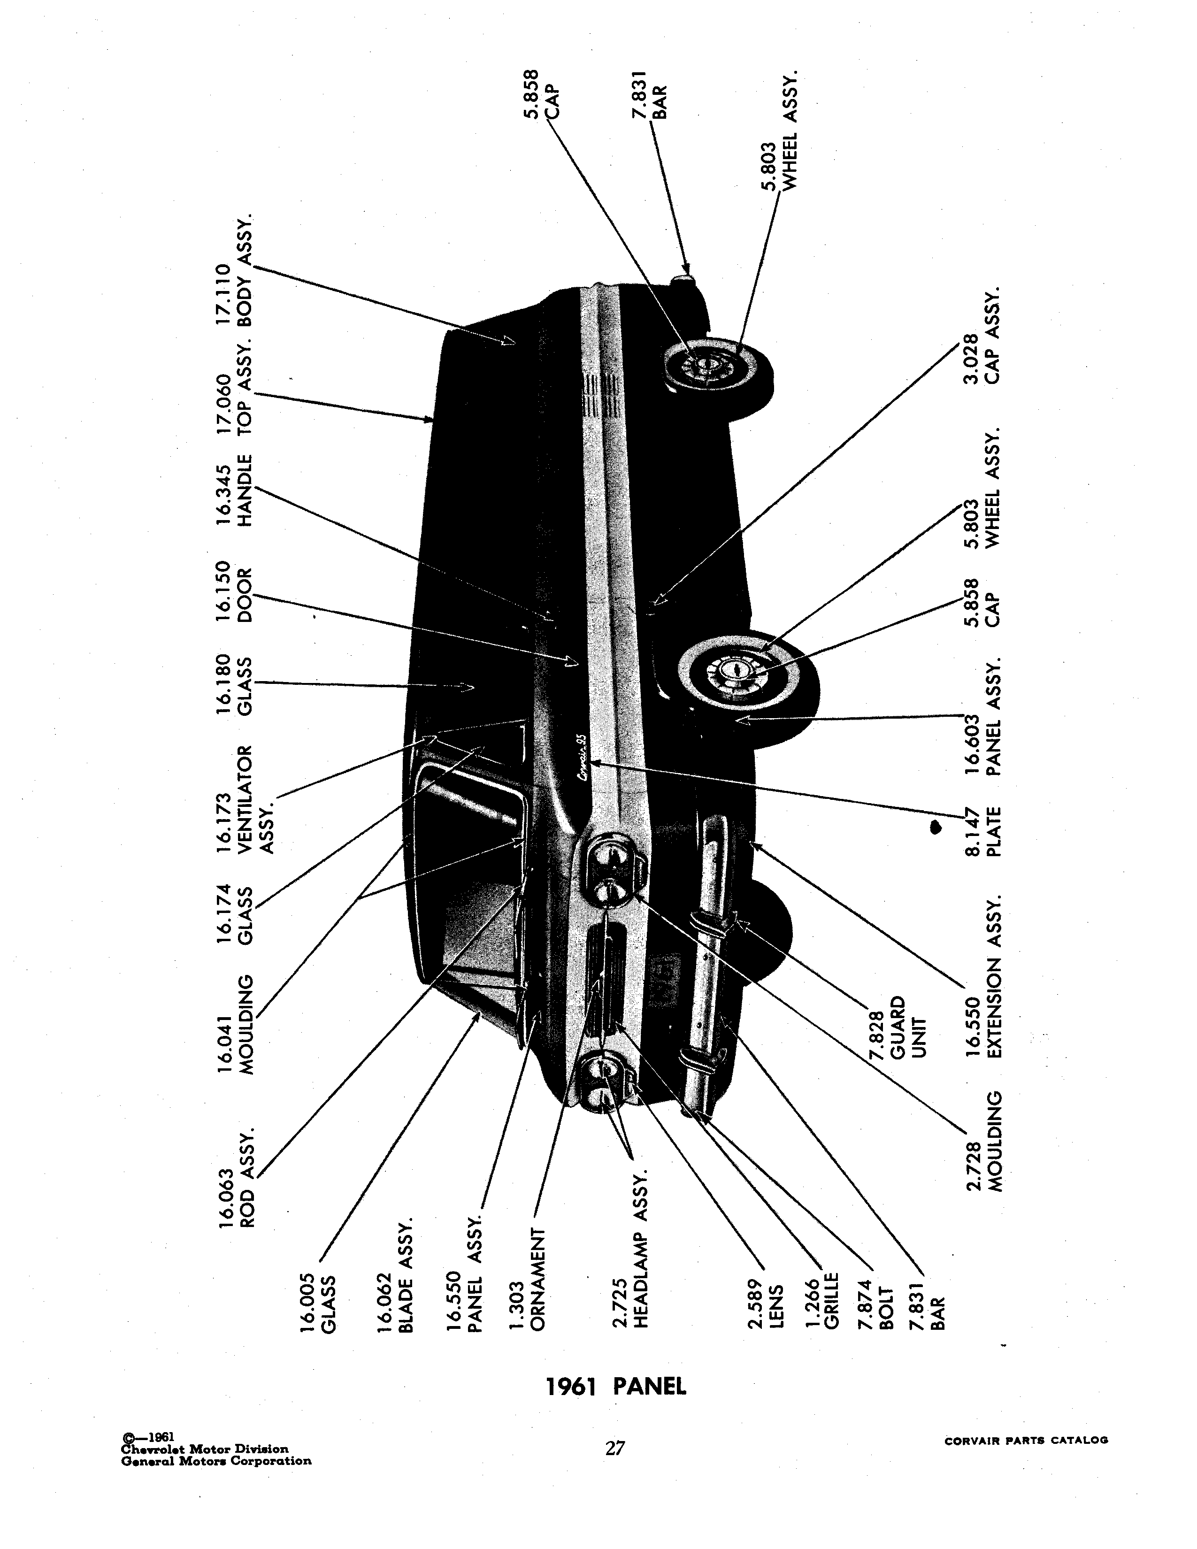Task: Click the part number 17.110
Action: point(223,295)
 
